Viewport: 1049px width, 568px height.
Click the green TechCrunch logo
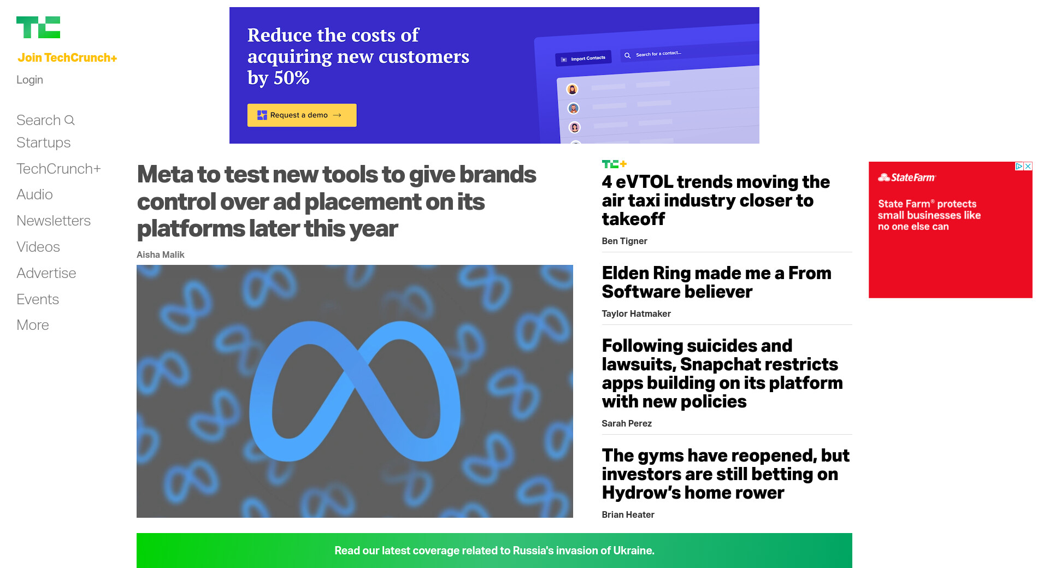pos(38,27)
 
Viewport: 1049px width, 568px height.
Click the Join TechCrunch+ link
pos(67,58)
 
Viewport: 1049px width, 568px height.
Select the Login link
pos(30,80)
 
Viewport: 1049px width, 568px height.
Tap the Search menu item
pos(45,120)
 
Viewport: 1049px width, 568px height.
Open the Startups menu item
pos(44,143)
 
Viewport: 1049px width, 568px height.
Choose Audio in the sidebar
pos(34,194)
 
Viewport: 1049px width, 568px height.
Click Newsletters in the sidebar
pos(54,221)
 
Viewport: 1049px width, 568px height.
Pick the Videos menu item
pos(38,247)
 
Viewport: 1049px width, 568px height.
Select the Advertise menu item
pos(46,273)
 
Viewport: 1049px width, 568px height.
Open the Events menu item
pos(38,299)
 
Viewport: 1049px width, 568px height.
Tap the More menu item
pos(33,325)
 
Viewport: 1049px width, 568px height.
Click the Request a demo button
pos(302,115)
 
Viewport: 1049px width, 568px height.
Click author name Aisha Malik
pos(161,255)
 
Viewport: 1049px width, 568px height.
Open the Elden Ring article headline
pos(716,282)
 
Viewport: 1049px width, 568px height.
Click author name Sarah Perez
pos(627,423)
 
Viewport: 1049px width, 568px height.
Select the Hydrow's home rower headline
pos(726,474)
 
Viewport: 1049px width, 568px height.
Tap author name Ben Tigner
pos(624,241)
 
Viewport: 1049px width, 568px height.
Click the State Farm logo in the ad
pos(907,177)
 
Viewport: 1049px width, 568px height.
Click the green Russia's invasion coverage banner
pos(494,551)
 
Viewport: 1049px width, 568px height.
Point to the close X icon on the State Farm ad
pos(1028,166)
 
